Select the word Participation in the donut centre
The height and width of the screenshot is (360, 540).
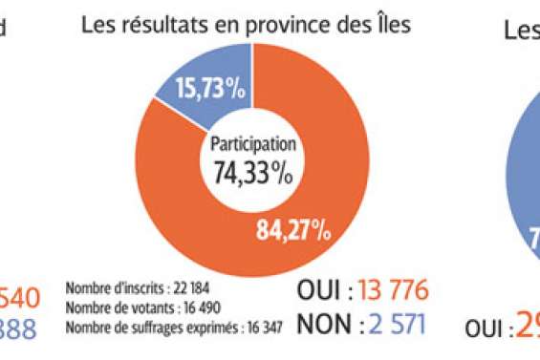[x=249, y=148]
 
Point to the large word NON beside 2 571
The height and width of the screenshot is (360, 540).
[x=323, y=326]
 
